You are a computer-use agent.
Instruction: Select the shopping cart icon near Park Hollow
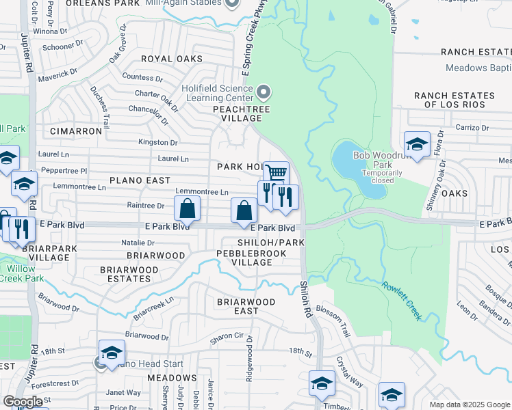point(276,172)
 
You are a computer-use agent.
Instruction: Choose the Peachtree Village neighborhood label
point(241,113)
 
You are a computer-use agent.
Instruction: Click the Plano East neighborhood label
point(140,180)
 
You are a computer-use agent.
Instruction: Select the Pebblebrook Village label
point(243,258)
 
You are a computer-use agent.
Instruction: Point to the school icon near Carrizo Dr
point(417,143)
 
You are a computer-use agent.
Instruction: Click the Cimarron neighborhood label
point(76,131)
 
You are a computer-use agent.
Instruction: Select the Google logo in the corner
point(23,402)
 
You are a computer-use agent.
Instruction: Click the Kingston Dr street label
point(157,142)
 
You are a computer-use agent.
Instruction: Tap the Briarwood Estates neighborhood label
point(129,274)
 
